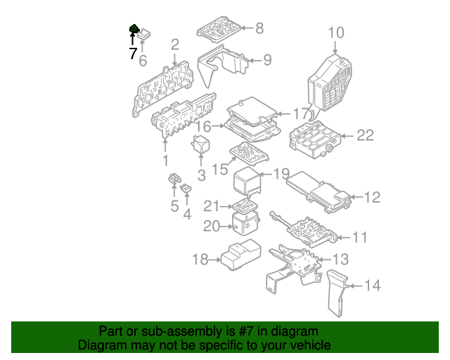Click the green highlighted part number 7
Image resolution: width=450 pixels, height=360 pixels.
[134, 29]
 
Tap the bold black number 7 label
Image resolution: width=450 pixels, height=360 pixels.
[133, 53]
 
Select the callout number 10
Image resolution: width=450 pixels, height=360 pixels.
[336, 32]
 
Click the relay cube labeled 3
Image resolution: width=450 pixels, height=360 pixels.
[201, 144]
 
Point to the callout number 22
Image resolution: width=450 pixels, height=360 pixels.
[365, 135]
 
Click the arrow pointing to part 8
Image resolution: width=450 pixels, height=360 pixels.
[247, 28]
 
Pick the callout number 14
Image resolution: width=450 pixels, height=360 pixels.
[372, 285]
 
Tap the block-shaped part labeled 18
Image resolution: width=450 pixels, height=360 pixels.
[241, 255]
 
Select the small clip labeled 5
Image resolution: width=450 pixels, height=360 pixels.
[174, 179]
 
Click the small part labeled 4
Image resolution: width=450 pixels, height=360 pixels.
[186, 188]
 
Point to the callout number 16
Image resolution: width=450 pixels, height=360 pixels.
[203, 126]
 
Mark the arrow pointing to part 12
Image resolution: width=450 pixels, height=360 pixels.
[357, 197]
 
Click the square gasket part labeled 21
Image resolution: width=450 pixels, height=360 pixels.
[245, 205]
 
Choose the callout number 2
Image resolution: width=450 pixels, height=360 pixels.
[175, 44]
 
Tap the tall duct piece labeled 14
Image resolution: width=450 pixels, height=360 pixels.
[337, 292]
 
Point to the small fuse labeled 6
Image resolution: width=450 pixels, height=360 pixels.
[144, 35]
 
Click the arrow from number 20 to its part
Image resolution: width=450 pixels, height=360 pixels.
[226, 226]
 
